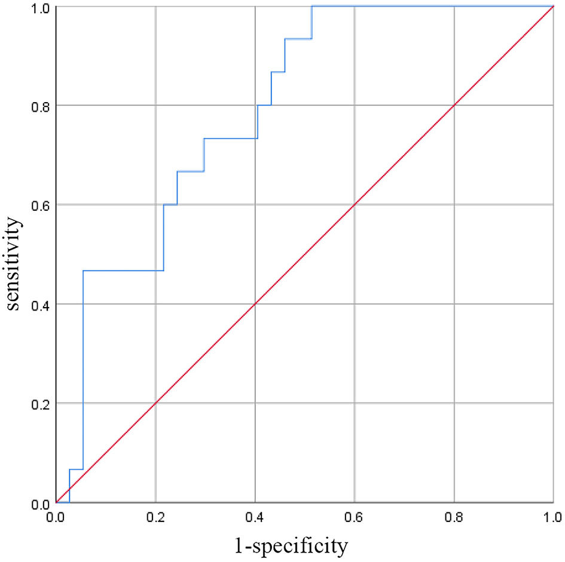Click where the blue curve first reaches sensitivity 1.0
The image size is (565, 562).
(x=312, y=7)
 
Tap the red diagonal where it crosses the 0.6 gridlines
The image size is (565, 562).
(x=355, y=205)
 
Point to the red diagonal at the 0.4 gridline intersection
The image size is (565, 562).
(x=255, y=304)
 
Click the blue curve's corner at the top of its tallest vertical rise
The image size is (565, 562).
(x=83, y=271)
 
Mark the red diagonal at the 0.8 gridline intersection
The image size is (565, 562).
(x=454, y=106)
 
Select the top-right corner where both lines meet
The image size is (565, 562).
(x=553, y=7)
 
